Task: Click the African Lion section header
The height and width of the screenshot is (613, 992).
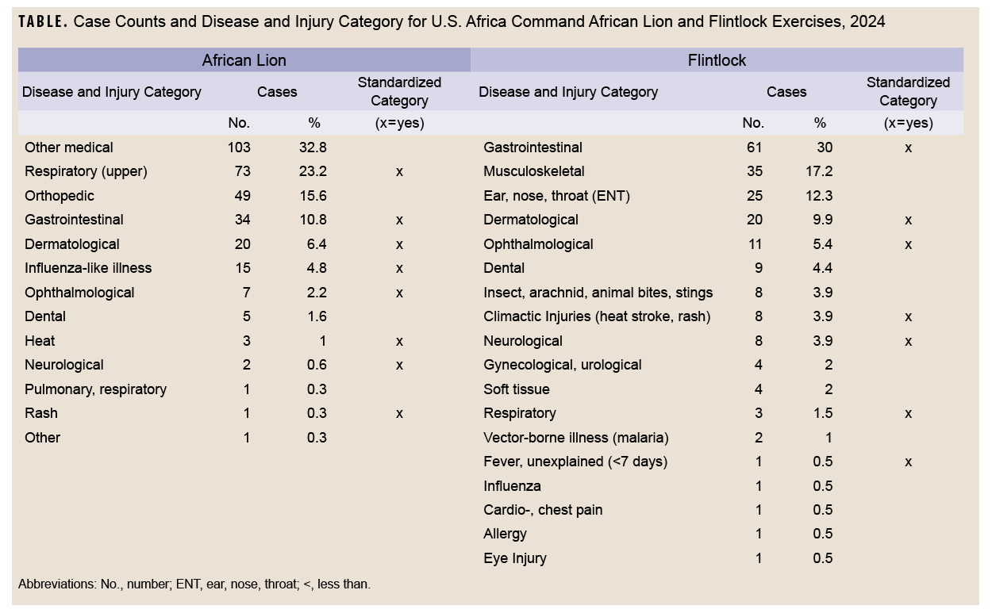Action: [x=244, y=60]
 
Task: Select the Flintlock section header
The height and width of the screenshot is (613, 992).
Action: [x=717, y=60]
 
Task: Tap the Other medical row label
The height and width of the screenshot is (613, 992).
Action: [x=69, y=148]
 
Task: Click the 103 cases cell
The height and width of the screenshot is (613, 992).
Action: [x=238, y=148]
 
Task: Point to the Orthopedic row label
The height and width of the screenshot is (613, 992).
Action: [x=60, y=196]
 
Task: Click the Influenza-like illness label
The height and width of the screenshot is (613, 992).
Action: [x=88, y=268]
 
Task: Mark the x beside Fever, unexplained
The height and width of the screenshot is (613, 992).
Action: [x=908, y=462]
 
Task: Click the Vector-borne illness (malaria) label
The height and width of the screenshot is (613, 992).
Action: [x=576, y=438]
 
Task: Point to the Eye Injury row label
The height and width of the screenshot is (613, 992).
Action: [x=515, y=558]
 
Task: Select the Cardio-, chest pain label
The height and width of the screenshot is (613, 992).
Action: [x=543, y=510]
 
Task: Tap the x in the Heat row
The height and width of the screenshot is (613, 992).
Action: [x=399, y=341]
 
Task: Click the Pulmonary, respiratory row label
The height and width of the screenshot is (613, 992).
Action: [x=96, y=389]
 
